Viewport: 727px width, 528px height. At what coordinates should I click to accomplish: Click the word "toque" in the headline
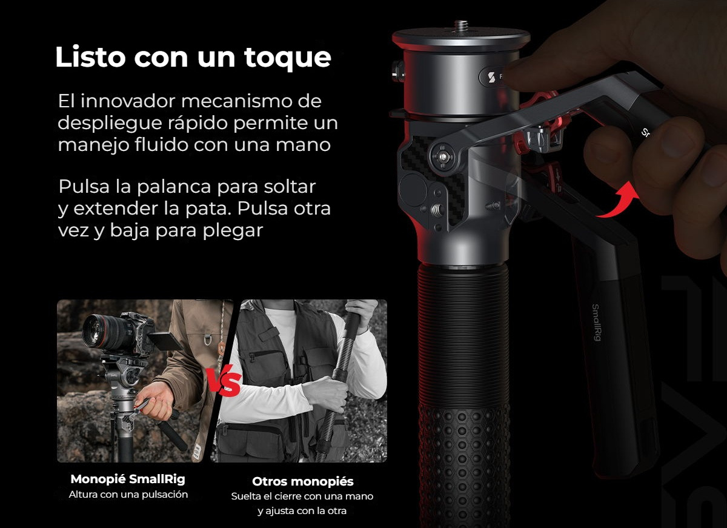[x=288, y=58]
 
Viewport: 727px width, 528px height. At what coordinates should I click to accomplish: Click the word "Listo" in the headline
[x=90, y=57]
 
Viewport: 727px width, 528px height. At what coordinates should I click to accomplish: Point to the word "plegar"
[x=233, y=231]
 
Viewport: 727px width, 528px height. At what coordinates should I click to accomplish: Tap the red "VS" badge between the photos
[x=225, y=380]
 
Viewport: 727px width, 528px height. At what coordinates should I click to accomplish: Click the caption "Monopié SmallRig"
[x=128, y=480]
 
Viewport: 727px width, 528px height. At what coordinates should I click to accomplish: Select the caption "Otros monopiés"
[x=302, y=481]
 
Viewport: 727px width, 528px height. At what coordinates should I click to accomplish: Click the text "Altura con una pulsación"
[x=128, y=495]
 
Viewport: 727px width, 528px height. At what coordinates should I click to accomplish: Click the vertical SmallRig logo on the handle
[x=596, y=322]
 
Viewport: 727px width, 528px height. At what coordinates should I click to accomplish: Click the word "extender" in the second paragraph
[x=116, y=209]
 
